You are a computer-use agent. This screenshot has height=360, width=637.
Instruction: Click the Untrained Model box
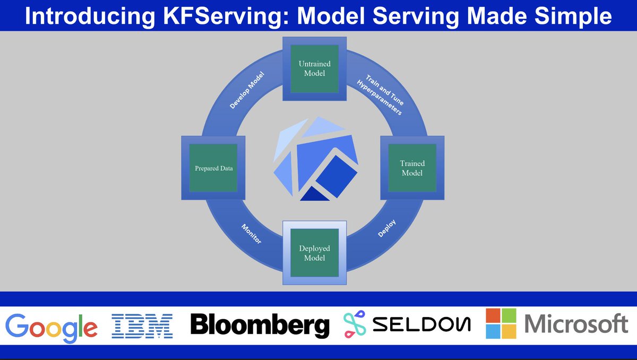coord(314,68)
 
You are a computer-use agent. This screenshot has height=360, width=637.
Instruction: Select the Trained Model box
coord(412,168)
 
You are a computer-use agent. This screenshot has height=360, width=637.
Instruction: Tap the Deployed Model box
coord(314,253)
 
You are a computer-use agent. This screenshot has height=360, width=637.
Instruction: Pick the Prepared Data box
coord(213,168)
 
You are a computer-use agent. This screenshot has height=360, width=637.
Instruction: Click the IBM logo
coord(142,325)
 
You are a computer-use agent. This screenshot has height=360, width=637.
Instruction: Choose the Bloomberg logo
coord(260,324)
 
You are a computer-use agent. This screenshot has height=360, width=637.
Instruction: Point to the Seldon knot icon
coord(357,324)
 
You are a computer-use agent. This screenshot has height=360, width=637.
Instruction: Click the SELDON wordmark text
coord(423,324)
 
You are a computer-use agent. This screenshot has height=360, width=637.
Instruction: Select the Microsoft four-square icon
coord(501,323)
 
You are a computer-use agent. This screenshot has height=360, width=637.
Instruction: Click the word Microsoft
coord(576,324)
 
